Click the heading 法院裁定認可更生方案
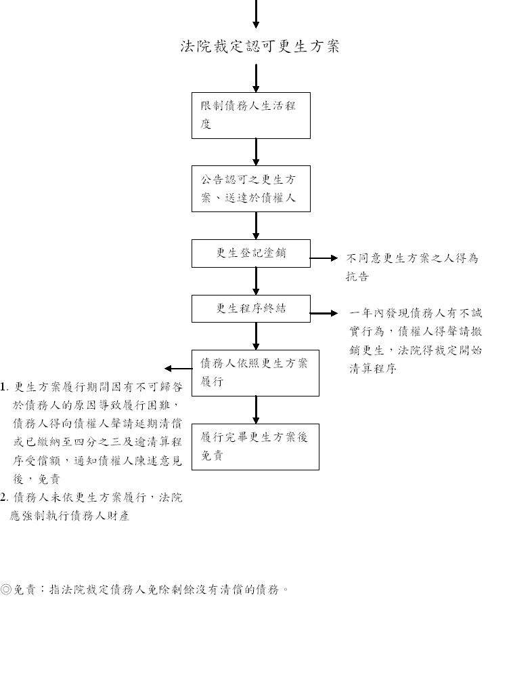(x=260, y=46)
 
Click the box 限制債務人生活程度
(x=250, y=115)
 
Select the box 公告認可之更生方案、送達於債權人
(x=250, y=188)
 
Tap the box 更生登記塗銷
(x=250, y=253)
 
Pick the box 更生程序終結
(x=250, y=308)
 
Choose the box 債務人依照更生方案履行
(x=255, y=373)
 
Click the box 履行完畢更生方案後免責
(x=255, y=447)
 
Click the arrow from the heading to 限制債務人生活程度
(x=256, y=79)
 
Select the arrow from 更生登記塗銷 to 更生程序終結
(x=256, y=281)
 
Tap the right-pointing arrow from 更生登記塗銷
(x=324, y=258)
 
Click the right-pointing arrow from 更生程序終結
(x=324, y=313)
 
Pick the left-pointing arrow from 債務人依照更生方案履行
(x=178, y=369)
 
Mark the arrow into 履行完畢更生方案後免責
(x=256, y=410)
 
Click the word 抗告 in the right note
(x=357, y=277)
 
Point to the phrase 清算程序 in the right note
(x=373, y=369)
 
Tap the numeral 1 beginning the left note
(x=3, y=387)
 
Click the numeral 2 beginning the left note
(x=3, y=497)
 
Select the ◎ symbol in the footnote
(x=6, y=589)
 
